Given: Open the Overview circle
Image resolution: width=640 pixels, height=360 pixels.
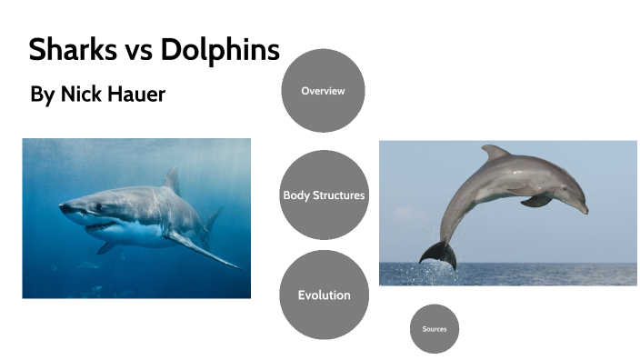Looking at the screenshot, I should coord(323,91).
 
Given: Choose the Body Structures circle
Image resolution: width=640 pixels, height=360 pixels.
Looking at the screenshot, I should coord(324,195).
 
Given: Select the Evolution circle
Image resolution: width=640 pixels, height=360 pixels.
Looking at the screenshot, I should coord(324,295).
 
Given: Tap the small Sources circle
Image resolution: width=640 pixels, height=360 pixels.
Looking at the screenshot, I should coord(434,328).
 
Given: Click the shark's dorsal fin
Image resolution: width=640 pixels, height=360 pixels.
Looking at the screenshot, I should coord(171,181).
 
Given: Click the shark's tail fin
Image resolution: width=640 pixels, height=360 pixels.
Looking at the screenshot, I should coord(212,219).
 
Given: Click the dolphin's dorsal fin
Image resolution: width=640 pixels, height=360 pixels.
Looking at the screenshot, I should coord(496,153).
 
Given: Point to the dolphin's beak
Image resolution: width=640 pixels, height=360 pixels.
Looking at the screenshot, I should coord(582,208).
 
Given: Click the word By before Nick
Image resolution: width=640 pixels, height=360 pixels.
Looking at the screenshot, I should coord(42,95).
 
